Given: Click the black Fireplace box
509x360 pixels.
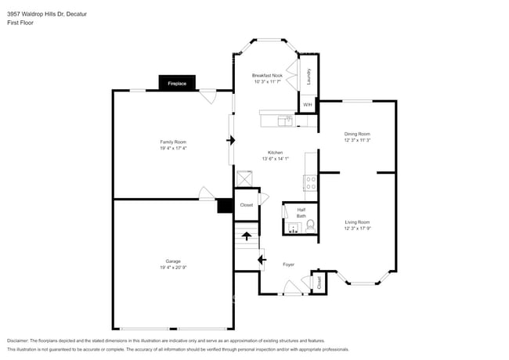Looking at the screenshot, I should (x=176, y=83).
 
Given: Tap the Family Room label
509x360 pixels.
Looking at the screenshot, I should (x=173, y=142).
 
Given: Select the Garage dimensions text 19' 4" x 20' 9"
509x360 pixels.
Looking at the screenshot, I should (x=173, y=268).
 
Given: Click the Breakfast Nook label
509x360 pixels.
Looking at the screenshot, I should (x=267, y=75).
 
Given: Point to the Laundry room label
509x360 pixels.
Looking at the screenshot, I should (x=309, y=77).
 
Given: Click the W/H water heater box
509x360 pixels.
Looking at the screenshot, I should (x=308, y=104).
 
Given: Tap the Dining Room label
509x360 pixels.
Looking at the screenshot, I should (x=356, y=134).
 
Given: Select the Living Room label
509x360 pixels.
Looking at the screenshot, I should (x=356, y=222).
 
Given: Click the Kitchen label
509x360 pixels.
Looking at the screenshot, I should (x=275, y=153).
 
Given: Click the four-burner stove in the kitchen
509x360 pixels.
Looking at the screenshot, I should (x=310, y=184).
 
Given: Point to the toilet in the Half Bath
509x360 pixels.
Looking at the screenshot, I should (x=310, y=226).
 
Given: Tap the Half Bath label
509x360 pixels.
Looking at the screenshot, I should (x=301, y=213).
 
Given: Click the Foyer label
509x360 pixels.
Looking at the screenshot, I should (x=289, y=265).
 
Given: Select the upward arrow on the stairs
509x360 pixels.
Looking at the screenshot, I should (x=247, y=234).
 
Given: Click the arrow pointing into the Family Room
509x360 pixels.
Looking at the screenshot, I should (x=231, y=140).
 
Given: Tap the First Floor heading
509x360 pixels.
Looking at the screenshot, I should (x=20, y=23).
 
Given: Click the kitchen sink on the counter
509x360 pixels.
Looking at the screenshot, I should (x=287, y=121).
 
